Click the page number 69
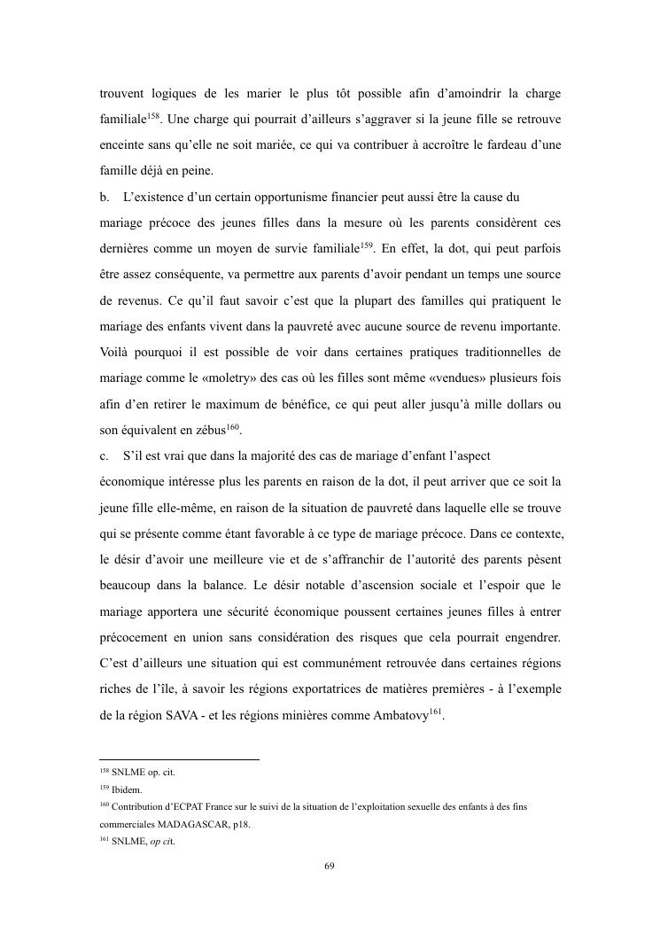tap(330, 866)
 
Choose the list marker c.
tap(104, 455)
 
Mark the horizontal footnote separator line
tap(179, 759)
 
